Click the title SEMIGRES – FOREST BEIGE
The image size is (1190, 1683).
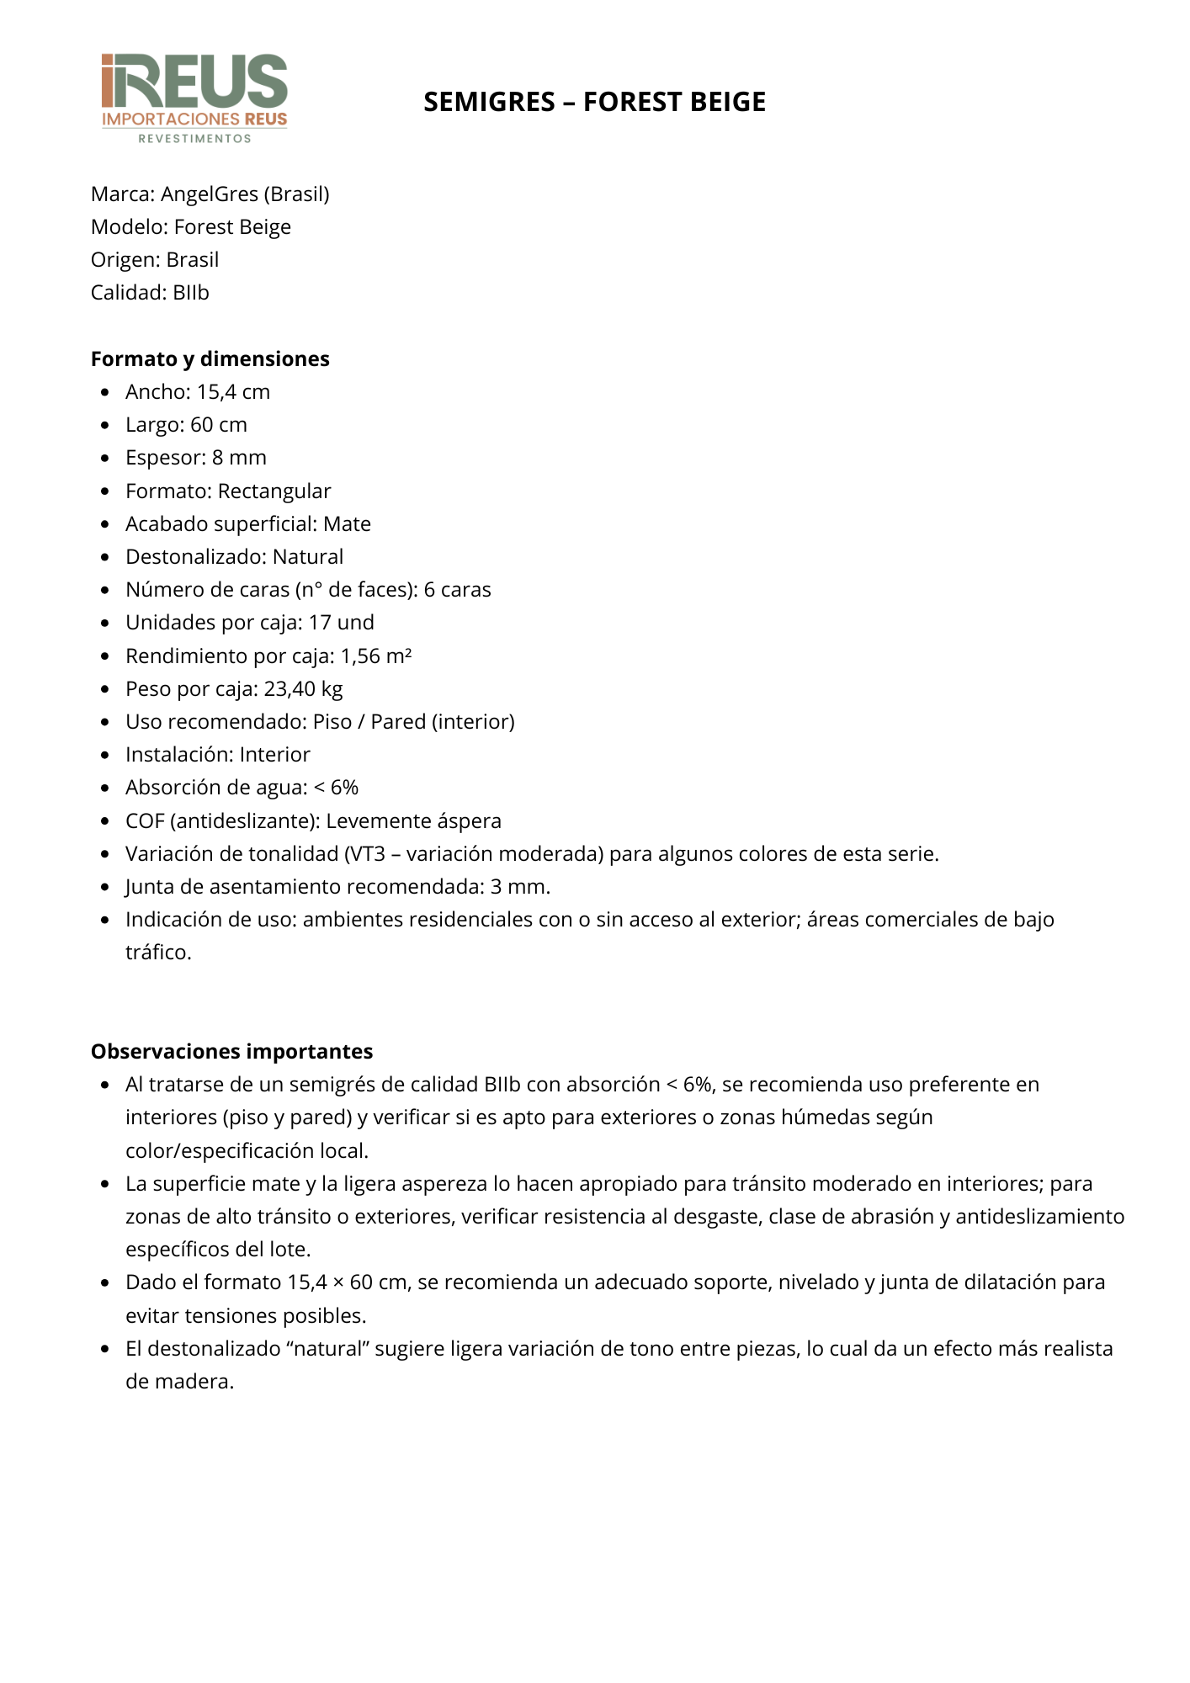(594, 102)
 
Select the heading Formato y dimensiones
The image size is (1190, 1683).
(210, 358)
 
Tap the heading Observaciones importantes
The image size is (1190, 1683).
(231, 1051)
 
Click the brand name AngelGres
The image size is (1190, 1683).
(210, 194)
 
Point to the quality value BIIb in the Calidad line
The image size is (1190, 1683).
(190, 293)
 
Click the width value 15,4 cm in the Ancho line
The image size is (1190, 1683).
(233, 392)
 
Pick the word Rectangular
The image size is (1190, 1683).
(274, 491)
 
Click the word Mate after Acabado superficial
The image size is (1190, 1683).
(347, 524)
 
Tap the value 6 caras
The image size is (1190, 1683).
(457, 590)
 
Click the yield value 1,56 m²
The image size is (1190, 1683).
(375, 656)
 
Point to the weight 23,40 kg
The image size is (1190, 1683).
(303, 689)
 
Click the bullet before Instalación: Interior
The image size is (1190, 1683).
(105, 755)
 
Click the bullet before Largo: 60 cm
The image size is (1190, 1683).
(105, 425)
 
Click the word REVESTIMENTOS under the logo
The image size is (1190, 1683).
(194, 139)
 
